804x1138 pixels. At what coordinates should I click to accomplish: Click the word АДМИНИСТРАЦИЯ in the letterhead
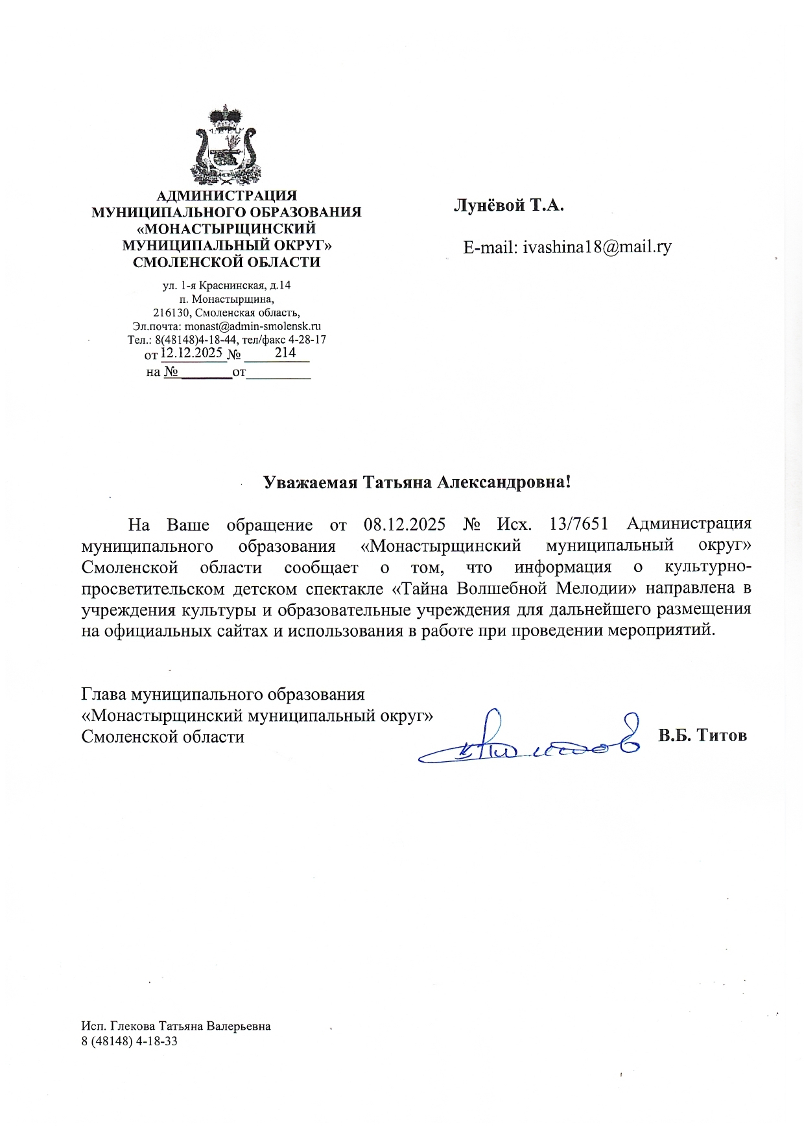click(226, 195)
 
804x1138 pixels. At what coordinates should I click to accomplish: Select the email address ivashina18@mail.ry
click(597, 247)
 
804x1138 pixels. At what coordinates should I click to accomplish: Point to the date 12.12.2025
click(192, 353)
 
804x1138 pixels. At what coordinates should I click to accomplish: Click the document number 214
click(285, 353)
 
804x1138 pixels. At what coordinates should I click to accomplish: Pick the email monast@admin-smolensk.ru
click(252, 327)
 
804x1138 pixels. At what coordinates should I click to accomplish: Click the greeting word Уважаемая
click(309, 482)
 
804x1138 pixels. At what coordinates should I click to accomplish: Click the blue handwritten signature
click(528, 739)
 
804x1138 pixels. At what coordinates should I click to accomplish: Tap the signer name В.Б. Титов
click(702, 735)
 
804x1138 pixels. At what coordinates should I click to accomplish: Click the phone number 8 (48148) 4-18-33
click(130, 1041)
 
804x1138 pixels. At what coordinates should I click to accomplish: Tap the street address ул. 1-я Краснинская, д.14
click(226, 285)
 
